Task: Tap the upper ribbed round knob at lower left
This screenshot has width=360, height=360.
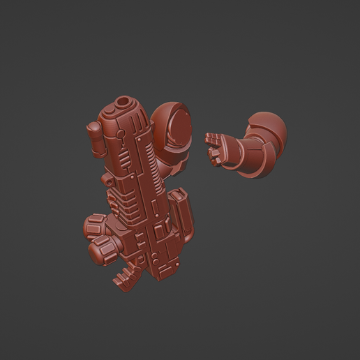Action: coord(95,227)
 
